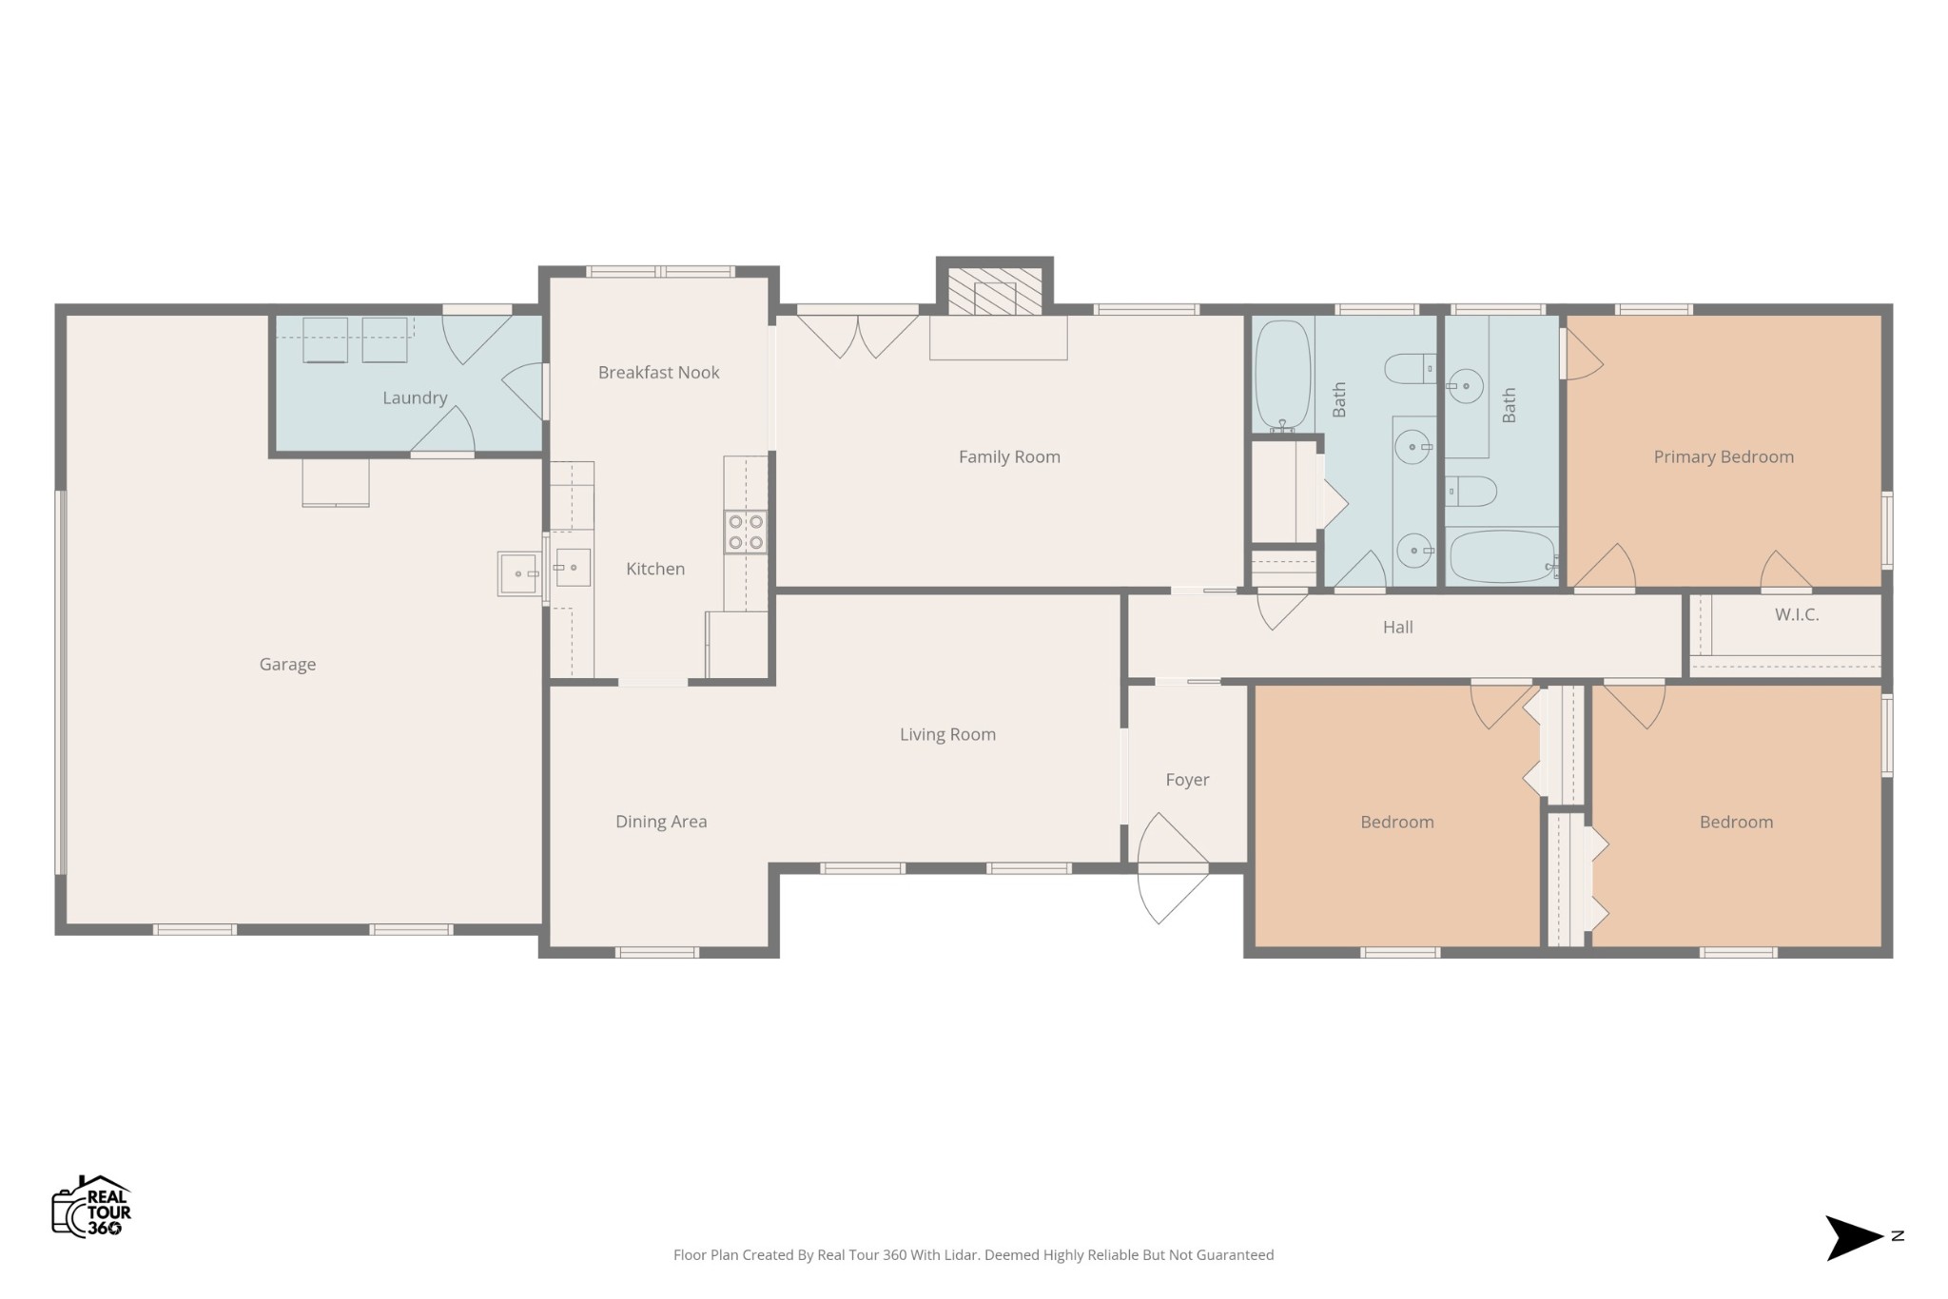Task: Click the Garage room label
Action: click(287, 665)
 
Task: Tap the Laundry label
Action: click(415, 398)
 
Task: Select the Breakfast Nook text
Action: click(658, 373)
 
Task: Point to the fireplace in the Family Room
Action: click(995, 290)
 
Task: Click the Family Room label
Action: click(1009, 457)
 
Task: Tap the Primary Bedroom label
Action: click(1724, 457)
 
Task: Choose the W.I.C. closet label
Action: click(1797, 615)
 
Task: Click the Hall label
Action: click(1397, 628)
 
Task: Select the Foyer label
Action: click(1187, 781)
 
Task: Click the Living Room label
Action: click(947, 735)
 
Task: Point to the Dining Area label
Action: click(661, 823)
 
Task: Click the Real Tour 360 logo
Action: click(91, 1206)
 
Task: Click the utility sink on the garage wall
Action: click(519, 573)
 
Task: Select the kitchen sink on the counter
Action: click(572, 568)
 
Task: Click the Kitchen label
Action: click(655, 570)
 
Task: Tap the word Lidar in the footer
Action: click(963, 1255)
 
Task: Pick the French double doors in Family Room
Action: click(857, 336)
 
